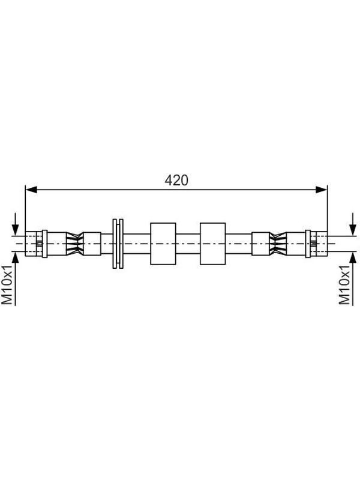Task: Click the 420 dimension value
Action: click(x=176, y=181)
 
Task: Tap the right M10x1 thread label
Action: click(x=344, y=285)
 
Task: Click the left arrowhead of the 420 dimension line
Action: click(x=31, y=190)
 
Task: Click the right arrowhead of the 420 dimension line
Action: click(x=321, y=190)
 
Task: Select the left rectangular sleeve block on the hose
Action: click(x=163, y=244)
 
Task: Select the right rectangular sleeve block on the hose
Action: click(x=213, y=244)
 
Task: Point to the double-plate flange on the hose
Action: click(x=118, y=244)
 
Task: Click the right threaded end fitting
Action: click(x=319, y=244)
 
